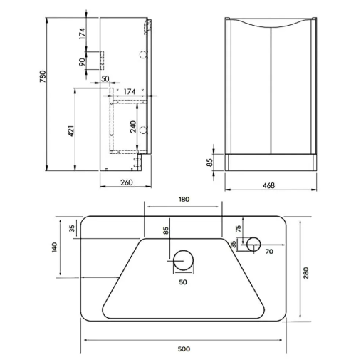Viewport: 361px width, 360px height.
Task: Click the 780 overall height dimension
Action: tap(43, 76)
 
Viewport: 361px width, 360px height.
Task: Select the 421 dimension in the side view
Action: tap(71, 131)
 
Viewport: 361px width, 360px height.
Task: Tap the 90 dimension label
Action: tap(82, 62)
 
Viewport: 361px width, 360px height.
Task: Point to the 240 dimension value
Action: tap(133, 127)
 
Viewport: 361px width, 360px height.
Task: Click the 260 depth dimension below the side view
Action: tap(127, 182)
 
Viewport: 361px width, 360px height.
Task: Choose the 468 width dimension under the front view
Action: tap(268, 185)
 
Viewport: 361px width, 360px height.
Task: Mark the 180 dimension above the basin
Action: tap(184, 200)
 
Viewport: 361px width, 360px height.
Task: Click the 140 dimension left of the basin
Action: tap(54, 247)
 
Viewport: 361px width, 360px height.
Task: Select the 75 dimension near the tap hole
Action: tap(239, 228)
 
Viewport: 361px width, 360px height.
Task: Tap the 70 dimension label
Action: tap(269, 252)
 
